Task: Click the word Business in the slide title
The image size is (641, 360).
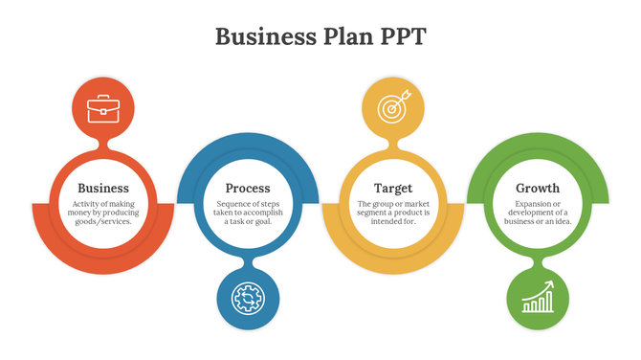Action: click(x=260, y=36)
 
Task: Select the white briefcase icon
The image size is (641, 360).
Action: click(x=103, y=108)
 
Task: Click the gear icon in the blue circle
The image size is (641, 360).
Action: click(x=248, y=299)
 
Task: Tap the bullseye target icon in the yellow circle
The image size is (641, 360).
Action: click(x=392, y=107)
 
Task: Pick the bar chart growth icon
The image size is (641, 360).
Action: click(x=538, y=298)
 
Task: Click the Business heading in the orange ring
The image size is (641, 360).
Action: click(x=103, y=189)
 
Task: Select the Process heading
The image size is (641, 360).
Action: click(x=248, y=189)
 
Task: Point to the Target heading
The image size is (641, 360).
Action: click(x=393, y=189)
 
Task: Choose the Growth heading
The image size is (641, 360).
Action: click(x=538, y=189)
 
